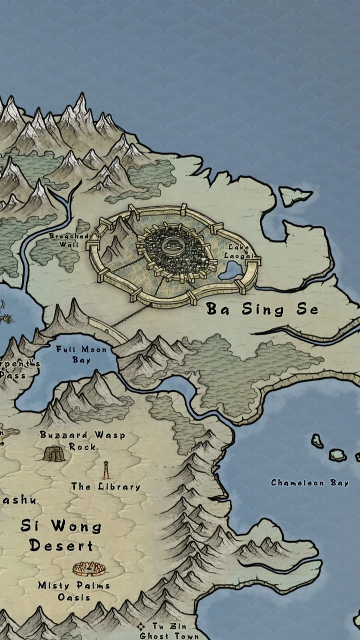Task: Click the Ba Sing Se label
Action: [x=262, y=310]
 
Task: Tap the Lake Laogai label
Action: [x=237, y=251]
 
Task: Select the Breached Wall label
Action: [x=70, y=240]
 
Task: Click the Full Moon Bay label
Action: [x=82, y=355]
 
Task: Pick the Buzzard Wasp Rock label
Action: [x=82, y=441]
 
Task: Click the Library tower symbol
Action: [x=106, y=470]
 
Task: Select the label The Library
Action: [x=106, y=487]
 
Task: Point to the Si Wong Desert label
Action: [x=61, y=536]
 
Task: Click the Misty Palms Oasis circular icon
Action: [x=89, y=568]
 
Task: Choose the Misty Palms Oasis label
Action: [x=74, y=591]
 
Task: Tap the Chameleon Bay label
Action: [x=309, y=483]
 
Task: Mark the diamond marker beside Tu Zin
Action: [x=141, y=626]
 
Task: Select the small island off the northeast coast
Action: [x=295, y=195]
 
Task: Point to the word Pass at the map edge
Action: [x=12, y=375]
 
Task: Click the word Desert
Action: [x=61, y=545]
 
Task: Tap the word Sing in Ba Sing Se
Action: [x=263, y=310]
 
